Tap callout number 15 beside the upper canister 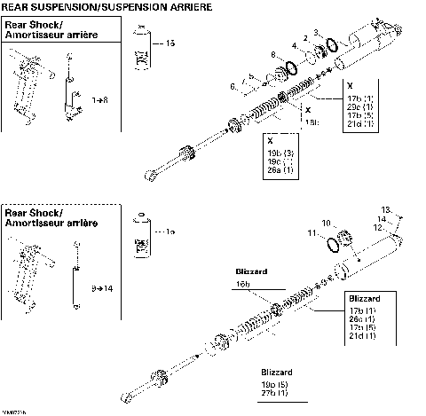pyautogui.click(x=171, y=43)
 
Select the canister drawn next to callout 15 pyautogui.click(x=140, y=49)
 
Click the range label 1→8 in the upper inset pyautogui.click(x=81, y=103)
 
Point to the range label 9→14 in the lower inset pyautogui.click(x=89, y=288)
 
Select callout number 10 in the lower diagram pyautogui.click(x=325, y=223)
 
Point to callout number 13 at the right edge pyautogui.click(x=385, y=208)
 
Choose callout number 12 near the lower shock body pyautogui.click(x=378, y=227)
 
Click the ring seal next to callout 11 pyautogui.click(x=338, y=242)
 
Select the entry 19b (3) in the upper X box pyautogui.click(x=281, y=153)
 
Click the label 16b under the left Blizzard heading pyautogui.click(x=242, y=282)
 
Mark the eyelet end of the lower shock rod pyautogui.click(x=133, y=393)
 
